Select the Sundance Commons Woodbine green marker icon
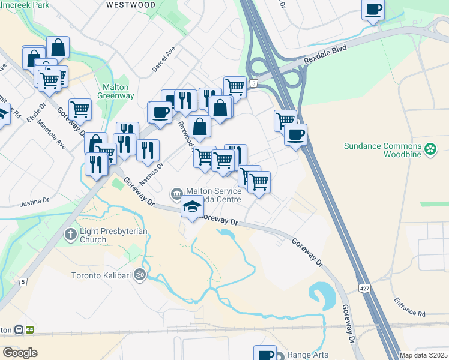tap(430, 149)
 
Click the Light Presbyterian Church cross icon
tap(71, 233)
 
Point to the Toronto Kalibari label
tap(101, 275)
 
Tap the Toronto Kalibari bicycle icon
tap(140, 275)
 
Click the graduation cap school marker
tap(191, 206)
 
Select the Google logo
tap(20, 353)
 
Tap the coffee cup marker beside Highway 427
tap(295, 134)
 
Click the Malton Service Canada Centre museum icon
tap(176, 193)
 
